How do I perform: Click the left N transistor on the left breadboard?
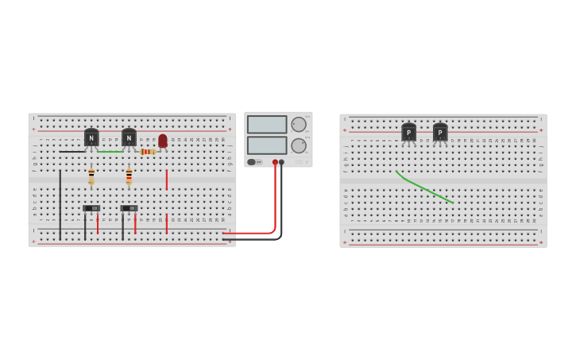(x=91, y=137)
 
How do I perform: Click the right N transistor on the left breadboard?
(x=129, y=137)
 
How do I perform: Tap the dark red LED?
(x=163, y=141)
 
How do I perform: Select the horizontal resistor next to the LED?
(x=147, y=152)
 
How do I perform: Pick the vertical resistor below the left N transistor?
(x=91, y=176)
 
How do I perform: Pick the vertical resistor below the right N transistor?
(x=129, y=176)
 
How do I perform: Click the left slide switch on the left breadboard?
(x=91, y=208)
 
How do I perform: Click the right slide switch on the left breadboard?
(x=129, y=208)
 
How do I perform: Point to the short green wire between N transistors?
(x=110, y=151)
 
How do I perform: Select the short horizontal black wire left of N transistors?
(x=72, y=151)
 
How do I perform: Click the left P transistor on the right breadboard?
(x=408, y=133)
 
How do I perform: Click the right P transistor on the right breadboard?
(x=440, y=133)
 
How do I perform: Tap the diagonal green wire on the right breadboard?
(x=423, y=188)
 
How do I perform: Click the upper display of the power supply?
(x=267, y=125)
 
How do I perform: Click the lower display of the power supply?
(x=267, y=145)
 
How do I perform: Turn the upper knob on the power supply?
(x=299, y=124)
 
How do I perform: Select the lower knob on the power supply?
(x=299, y=145)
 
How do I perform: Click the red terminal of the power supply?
(x=275, y=162)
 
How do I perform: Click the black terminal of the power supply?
(x=281, y=162)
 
